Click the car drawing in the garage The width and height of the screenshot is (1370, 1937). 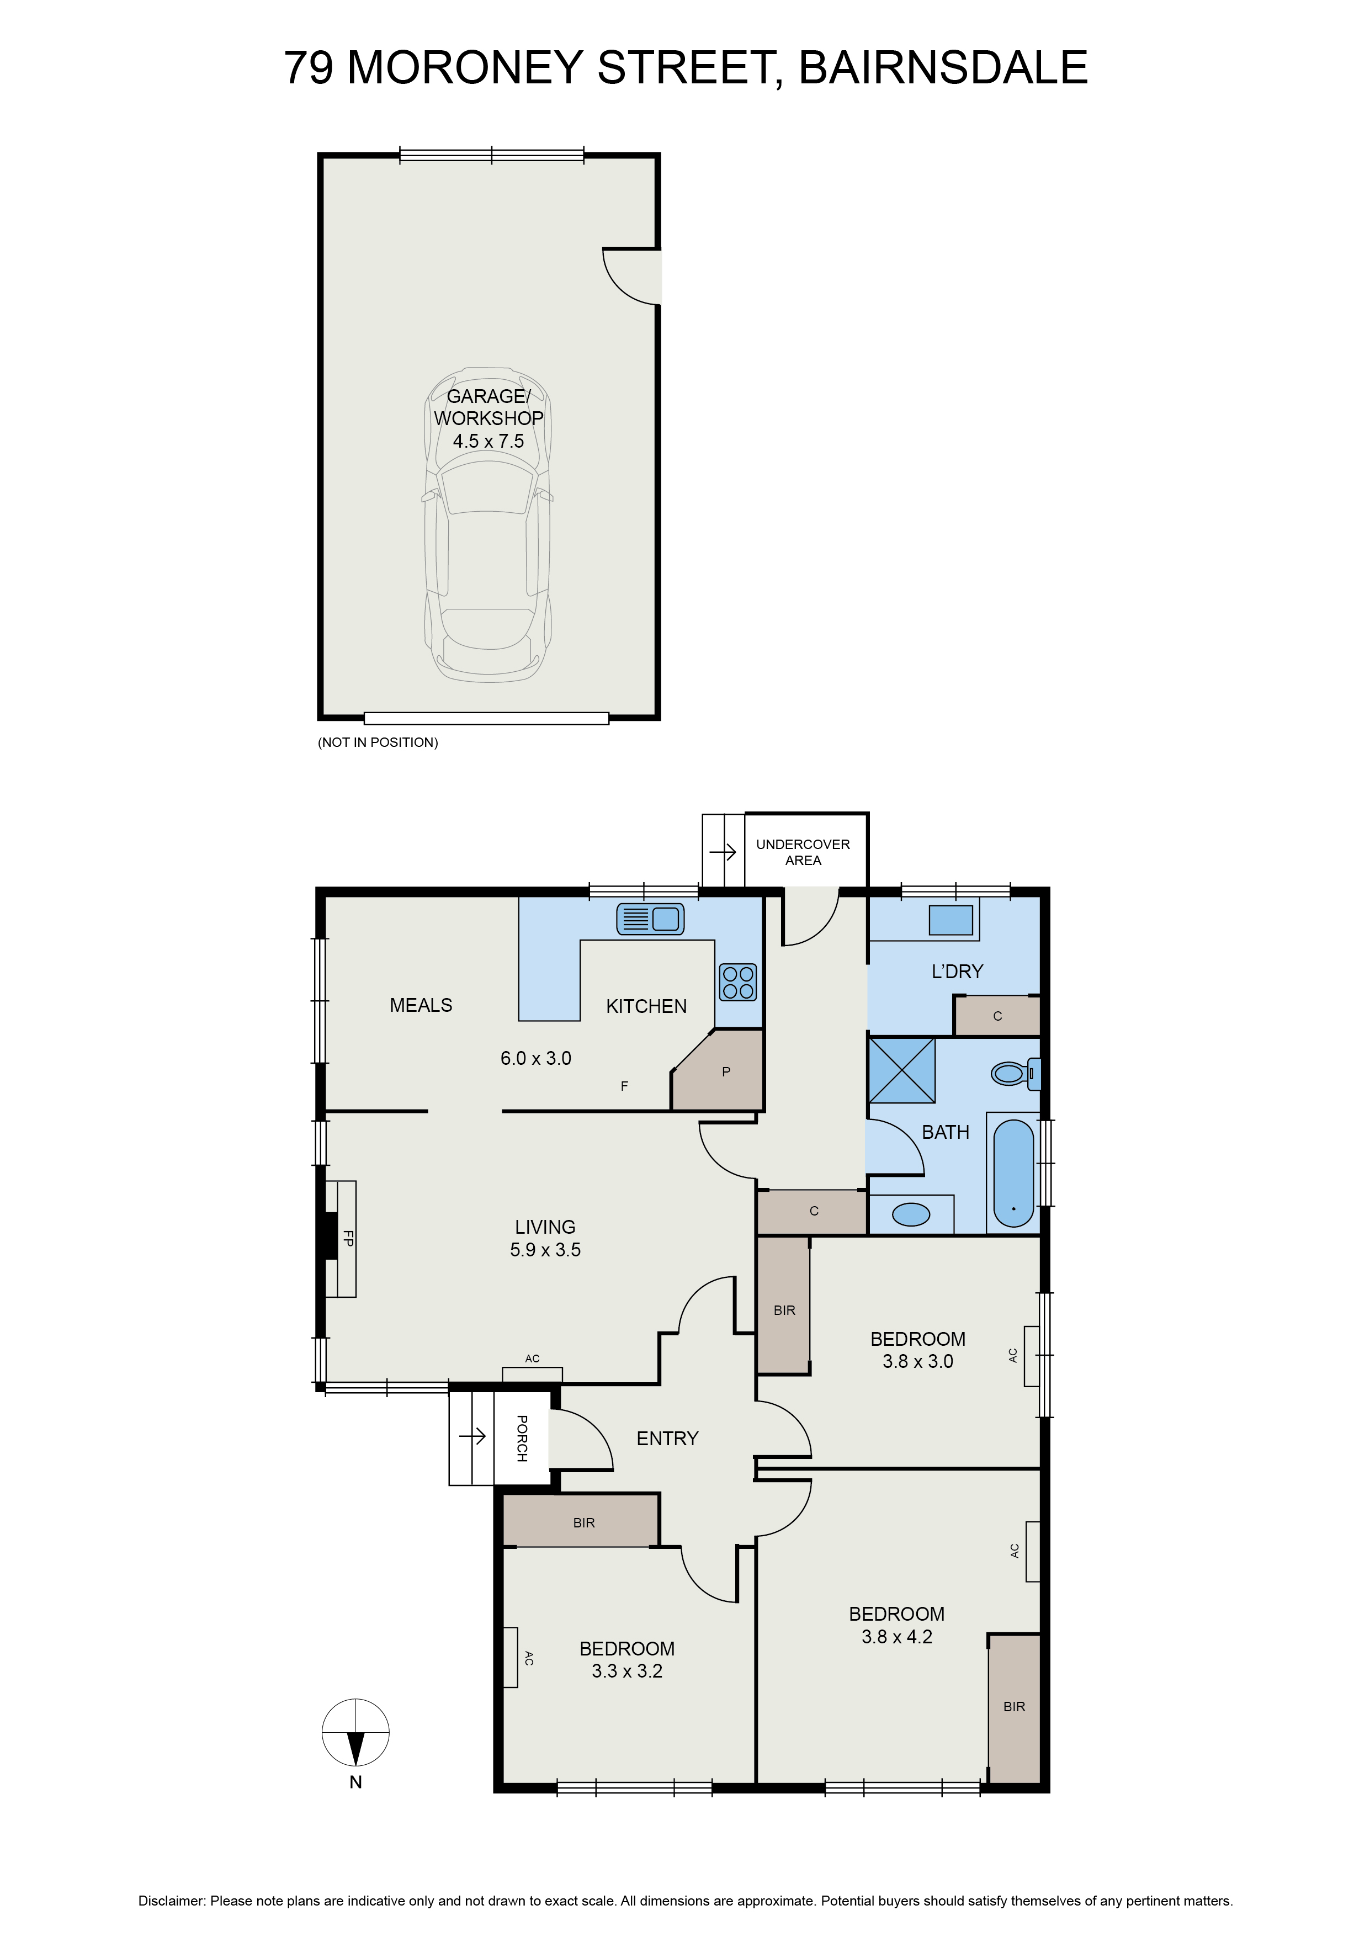tap(487, 525)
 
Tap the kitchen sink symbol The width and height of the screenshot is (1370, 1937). tap(650, 919)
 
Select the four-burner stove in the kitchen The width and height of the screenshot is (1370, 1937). tap(738, 982)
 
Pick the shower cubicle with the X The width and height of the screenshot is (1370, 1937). tap(902, 1070)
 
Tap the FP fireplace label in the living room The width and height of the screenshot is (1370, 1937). tap(348, 1239)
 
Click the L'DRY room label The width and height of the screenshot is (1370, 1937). tap(957, 972)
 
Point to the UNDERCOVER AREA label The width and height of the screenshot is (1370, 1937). tap(802, 852)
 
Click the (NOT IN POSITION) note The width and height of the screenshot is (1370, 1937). tap(378, 742)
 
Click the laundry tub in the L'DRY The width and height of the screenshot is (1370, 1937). tap(950, 920)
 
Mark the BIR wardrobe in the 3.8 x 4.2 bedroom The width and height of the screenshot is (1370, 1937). tap(1014, 1707)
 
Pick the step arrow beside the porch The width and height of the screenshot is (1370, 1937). tap(473, 1435)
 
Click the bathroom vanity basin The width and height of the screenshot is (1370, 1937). tap(911, 1214)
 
